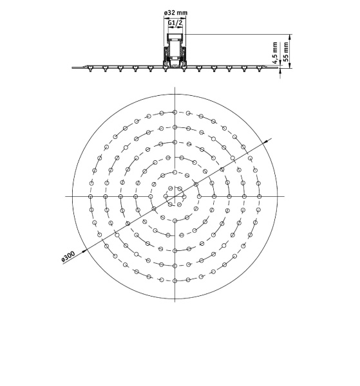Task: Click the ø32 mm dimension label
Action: [175, 13]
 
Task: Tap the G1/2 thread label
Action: [175, 23]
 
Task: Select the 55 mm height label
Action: [286, 51]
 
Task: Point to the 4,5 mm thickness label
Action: [276, 53]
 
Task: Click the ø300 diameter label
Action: [68, 256]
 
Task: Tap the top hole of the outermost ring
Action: [175, 112]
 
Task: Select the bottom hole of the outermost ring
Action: [175, 280]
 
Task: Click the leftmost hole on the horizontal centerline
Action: [90, 196]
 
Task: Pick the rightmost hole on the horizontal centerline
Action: [259, 196]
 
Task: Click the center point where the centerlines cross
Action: [175, 196]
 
